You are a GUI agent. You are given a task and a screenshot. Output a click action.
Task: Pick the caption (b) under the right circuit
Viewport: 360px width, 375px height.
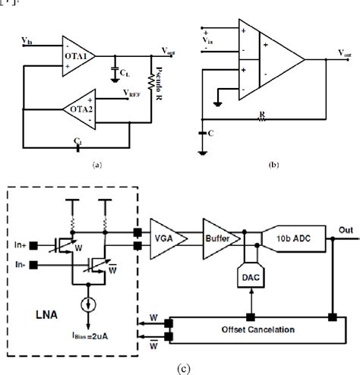[274, 163]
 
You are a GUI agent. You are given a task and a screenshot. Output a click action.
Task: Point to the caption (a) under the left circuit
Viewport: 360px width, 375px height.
[96, 162]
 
